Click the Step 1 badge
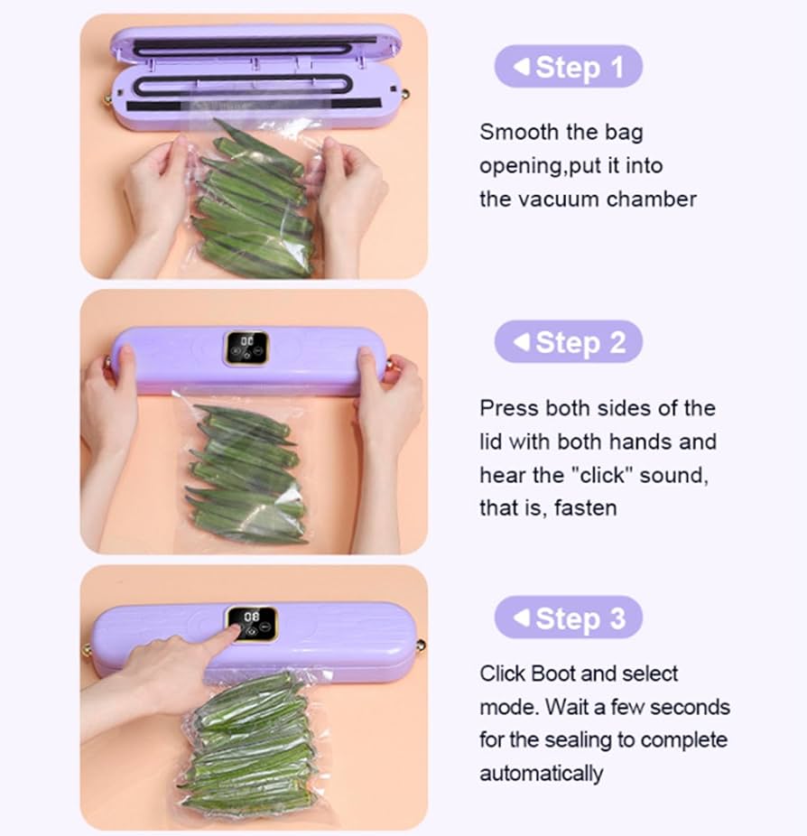point(568,67)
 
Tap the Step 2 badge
point(568,342)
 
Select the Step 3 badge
point(568,618)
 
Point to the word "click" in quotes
point(600,475)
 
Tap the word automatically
point(541,774)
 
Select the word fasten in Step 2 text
point(585,508)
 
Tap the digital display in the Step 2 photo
point(246,348)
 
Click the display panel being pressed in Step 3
point(252,623)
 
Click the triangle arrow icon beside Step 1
point(521,67)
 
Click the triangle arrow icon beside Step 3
point(521,618)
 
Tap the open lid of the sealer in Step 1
point(255,44)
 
